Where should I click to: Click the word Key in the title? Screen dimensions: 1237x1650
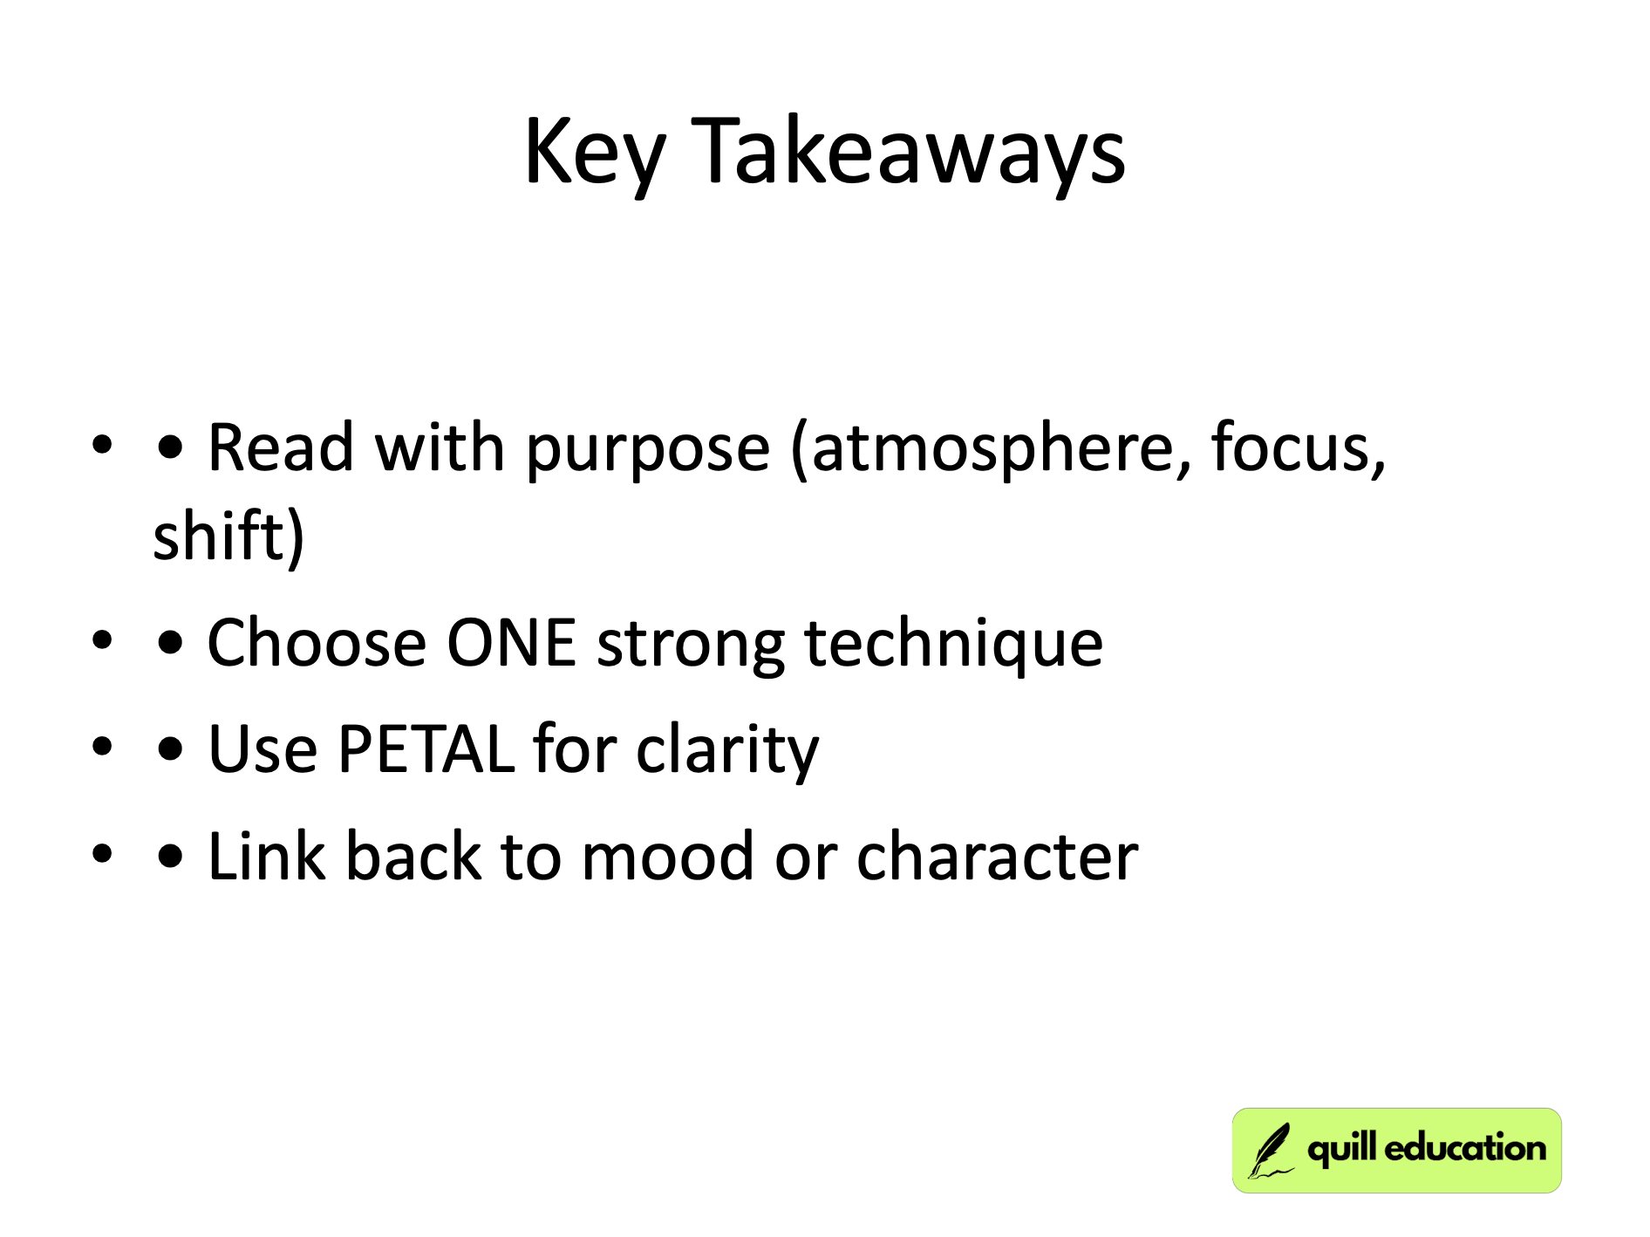[x=595, y=153]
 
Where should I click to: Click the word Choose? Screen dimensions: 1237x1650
[x=316, y=644]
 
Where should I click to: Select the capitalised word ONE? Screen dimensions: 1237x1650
[x=511, y=644]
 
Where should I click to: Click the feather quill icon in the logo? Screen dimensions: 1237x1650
[x=1270, y=1151]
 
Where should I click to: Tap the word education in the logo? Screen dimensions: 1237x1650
[x=1464, y=1148]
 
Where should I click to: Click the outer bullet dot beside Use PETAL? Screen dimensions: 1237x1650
[x=103, y=748]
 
